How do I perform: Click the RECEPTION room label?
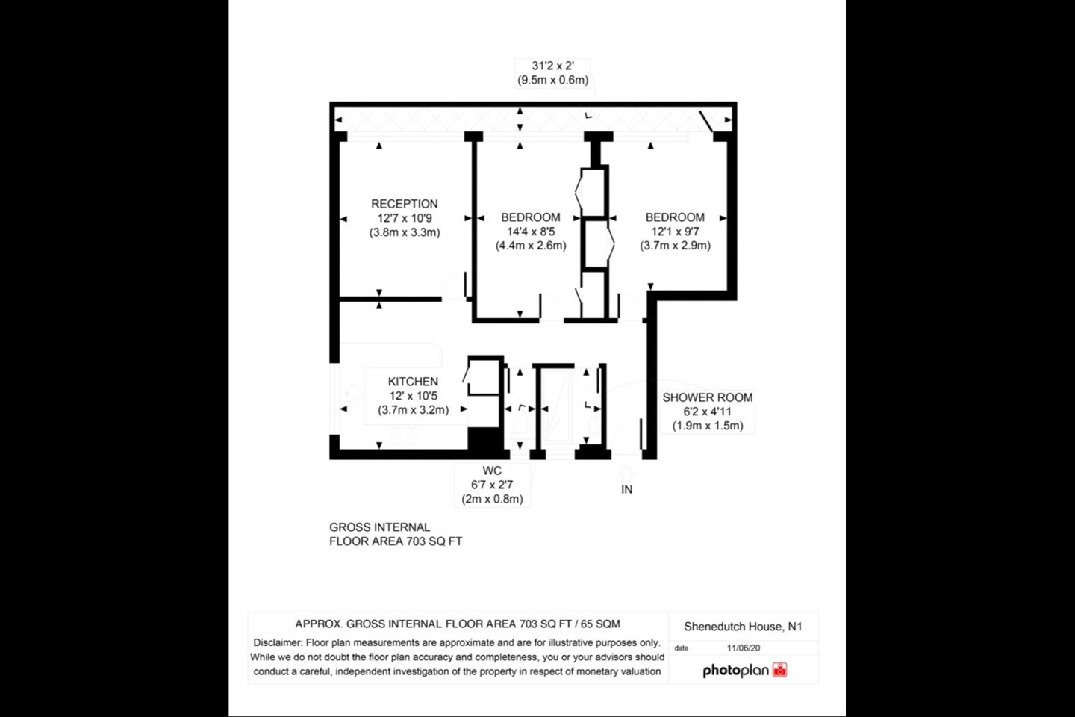coord(404,204)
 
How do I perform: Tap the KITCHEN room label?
coord(413,382)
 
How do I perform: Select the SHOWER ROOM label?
coord(708,397)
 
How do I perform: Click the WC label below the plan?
coord(492,471)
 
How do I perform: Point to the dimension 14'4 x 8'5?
coord(531,232)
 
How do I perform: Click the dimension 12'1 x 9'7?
coord(675,232)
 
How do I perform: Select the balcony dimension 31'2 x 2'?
coord(553,66)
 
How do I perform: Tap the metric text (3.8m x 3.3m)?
coord(404,232)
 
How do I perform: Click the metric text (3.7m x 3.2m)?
coord(413,410)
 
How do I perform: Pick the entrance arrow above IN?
coord(626,474)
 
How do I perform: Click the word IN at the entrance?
coord(627,489)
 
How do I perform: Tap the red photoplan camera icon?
coord(779,669)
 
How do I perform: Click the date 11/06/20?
coord(744,648)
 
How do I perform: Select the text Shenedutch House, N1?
coord(743,627)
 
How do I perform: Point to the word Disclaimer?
coord(278,642)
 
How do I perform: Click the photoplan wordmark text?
coord(736,671)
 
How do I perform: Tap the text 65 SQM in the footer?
coord(600,624)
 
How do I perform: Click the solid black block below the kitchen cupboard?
coord(486,439)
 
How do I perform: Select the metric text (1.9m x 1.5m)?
coord(708,426)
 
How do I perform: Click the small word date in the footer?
coord(681,648)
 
